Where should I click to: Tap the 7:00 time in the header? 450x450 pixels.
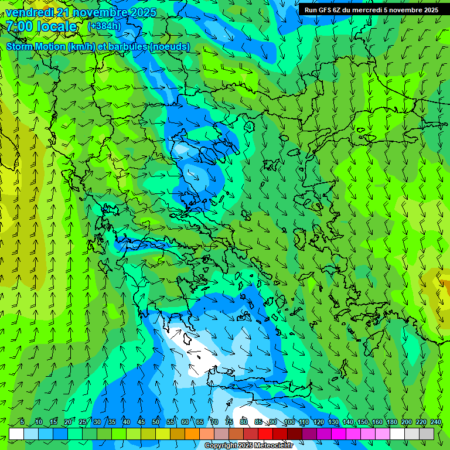[20, 27]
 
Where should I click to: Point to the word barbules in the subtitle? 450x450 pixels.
[127, 46]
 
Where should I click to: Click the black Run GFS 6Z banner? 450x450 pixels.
[371, 9]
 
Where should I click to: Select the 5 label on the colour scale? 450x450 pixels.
[22, 422]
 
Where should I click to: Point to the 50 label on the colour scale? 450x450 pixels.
[155, 422]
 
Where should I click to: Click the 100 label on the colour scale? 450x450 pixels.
[289, 422]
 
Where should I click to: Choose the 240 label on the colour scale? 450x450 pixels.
[435, 422]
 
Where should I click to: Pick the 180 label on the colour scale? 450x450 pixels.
[391, 422]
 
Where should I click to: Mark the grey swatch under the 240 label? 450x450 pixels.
[427, 434]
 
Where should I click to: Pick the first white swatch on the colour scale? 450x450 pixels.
[16, 434]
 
